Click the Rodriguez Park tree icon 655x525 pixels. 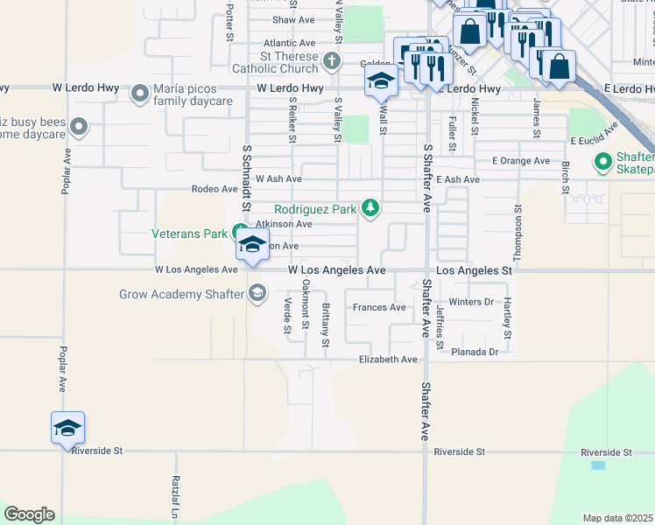coord(371,207)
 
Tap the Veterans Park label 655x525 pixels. coord(190,234)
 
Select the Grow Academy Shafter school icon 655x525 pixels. coord(257,293)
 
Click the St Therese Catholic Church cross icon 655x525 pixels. coord(331,61)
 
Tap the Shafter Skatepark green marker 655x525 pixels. coord(602,162)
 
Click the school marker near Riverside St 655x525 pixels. coord(67,427)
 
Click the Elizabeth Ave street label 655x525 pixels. coord(388,360)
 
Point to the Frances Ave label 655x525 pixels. coord(379,307)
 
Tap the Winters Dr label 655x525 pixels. coord(471,302)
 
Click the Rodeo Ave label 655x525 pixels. coord(215,189)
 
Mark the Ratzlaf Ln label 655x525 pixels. coord(175,495)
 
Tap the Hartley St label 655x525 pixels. coord(507,318)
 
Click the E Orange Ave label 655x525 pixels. coord(520,161)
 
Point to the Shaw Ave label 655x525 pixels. coord(293,19)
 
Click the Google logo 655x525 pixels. coord(29,514)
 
